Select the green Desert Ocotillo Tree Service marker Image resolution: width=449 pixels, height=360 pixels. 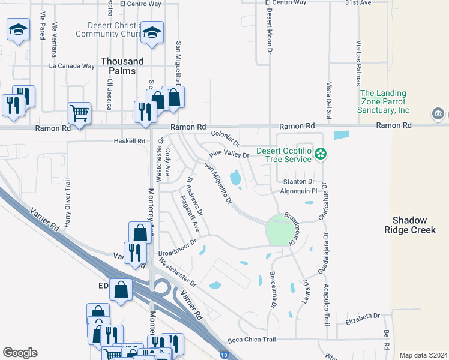click(321, 154)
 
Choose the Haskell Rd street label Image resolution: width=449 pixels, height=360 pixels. click(130, 141)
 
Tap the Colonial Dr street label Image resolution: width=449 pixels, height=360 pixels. click(225, 139)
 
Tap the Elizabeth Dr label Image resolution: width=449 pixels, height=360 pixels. click(363, 316)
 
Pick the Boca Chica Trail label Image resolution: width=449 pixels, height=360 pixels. click(252, 340)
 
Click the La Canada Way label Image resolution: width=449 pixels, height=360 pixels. click(72, 66)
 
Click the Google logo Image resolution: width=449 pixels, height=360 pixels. click(20, 353)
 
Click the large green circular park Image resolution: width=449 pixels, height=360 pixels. click(280, 230)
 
